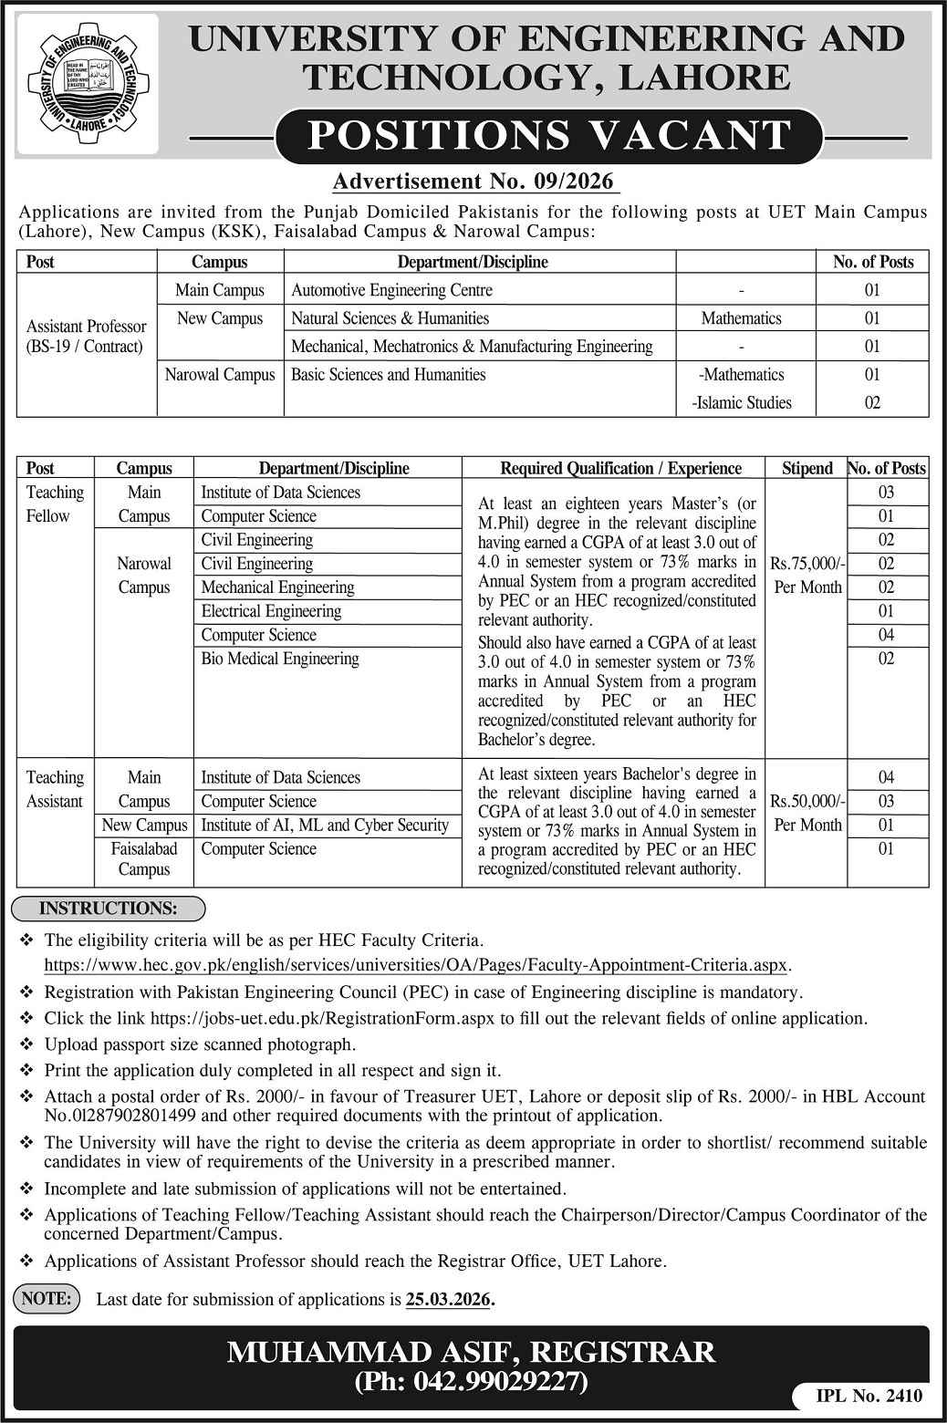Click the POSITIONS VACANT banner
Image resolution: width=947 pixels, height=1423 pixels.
(550, 135)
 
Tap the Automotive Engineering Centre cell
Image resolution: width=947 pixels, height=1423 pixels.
(391, 290)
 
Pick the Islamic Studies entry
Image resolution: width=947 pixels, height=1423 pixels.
(743, 402)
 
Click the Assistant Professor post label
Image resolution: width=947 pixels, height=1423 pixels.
(86, 336)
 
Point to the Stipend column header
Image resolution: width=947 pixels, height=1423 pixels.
(807, 468)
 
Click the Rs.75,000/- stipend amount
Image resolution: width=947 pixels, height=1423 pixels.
(807, 565)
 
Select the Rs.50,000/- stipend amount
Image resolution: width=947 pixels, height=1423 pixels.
(807, 802)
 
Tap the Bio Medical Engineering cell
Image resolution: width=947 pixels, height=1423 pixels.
(280, 659)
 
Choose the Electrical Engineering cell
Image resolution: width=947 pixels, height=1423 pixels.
(271, 611)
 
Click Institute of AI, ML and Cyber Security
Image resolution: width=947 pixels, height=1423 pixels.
(325, 825)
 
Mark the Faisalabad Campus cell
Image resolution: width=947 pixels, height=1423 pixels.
(144, 858)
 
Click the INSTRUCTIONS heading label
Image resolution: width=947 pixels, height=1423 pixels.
(109, 909)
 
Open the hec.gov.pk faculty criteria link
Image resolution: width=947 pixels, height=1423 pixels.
(417, 965)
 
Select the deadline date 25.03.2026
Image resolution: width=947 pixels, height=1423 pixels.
(448, 1299)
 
